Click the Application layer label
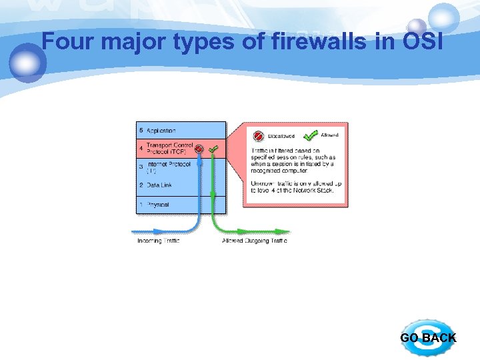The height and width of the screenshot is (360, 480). coord(161,130)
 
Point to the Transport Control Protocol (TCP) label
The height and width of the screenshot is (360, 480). coord(169,148)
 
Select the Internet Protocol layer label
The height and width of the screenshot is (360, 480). coord(168,166)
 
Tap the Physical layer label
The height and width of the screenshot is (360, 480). coord(158,204)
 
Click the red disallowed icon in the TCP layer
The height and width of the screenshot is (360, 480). coord(199,149)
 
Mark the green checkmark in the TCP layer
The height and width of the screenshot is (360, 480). coord(213,149)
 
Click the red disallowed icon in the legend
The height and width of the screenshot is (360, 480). coord(257,135)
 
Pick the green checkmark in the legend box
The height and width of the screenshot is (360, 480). coord(310,135)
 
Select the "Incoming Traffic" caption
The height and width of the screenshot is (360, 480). coord(158,241)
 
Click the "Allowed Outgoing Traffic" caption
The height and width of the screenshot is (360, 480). coord(255,241)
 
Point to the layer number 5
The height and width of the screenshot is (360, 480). coord(141,130)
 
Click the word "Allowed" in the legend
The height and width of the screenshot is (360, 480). coord(329,135)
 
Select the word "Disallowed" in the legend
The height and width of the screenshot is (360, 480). coord(281,136)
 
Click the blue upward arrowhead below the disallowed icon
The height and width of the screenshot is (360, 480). coord(199,159)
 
